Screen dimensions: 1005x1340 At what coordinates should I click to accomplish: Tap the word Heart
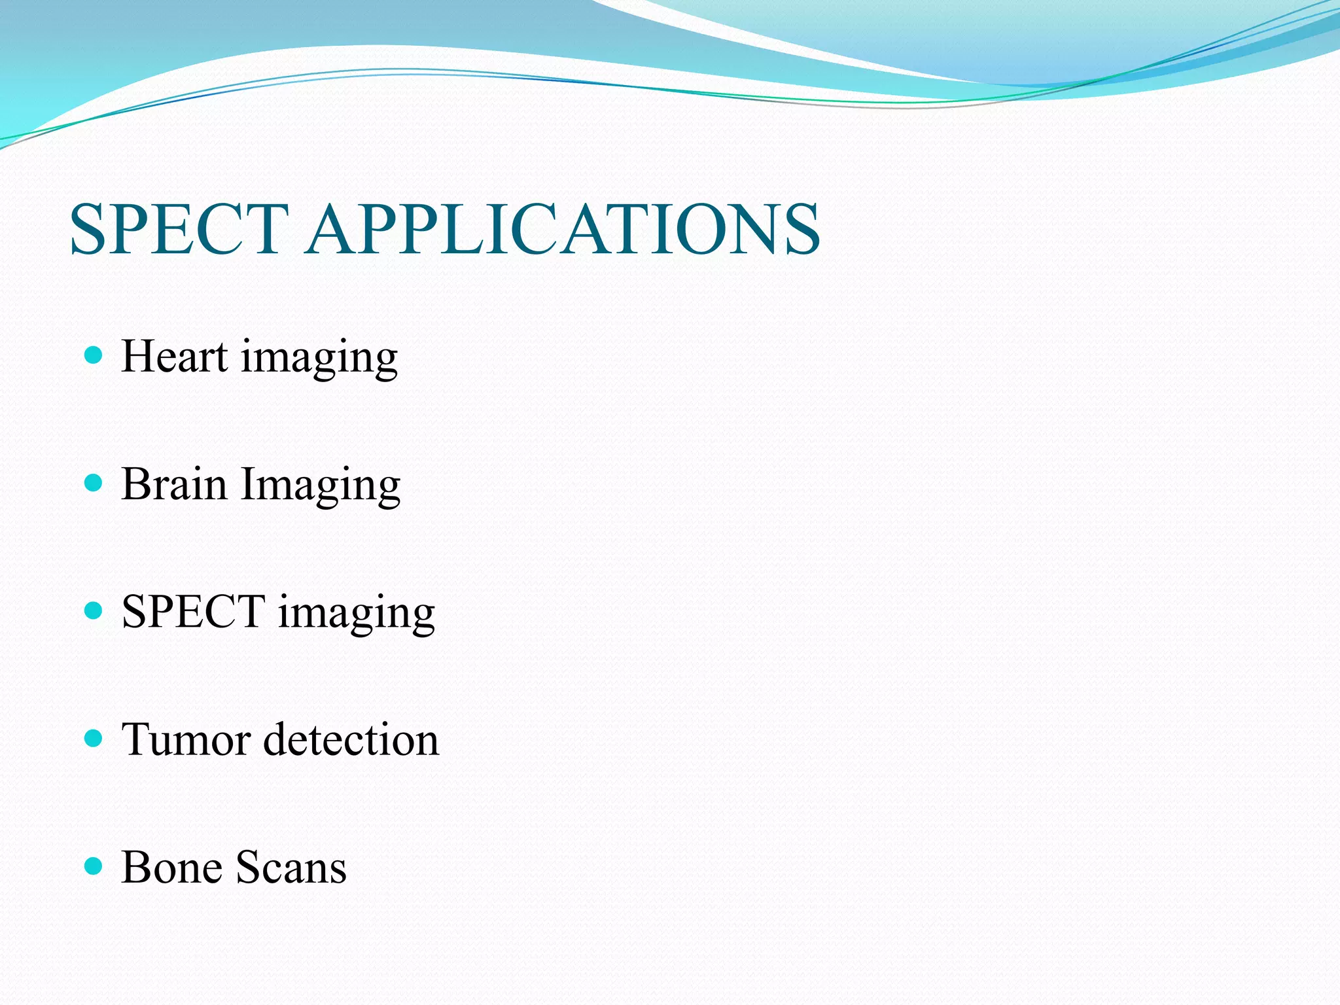click(175, 357)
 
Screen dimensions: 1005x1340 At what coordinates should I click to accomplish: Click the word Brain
click(174, 485)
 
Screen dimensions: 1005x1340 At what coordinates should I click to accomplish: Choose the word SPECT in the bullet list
click(193, 612)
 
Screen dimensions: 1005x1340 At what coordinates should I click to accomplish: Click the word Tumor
click(186, 740)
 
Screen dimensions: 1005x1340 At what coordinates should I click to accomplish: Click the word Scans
click(291, 868)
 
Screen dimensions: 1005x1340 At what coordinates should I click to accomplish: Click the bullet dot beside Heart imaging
click(94, 355)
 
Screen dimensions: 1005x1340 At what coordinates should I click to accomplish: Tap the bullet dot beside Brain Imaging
click(94, 484)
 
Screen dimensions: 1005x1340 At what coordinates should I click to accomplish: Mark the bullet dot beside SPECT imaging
click(94, 611)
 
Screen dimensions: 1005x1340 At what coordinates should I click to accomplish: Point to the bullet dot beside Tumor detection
click(94, 739)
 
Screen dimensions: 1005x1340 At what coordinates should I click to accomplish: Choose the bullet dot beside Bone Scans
click(94, 866)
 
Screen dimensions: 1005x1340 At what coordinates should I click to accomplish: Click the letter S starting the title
click(90, 229)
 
